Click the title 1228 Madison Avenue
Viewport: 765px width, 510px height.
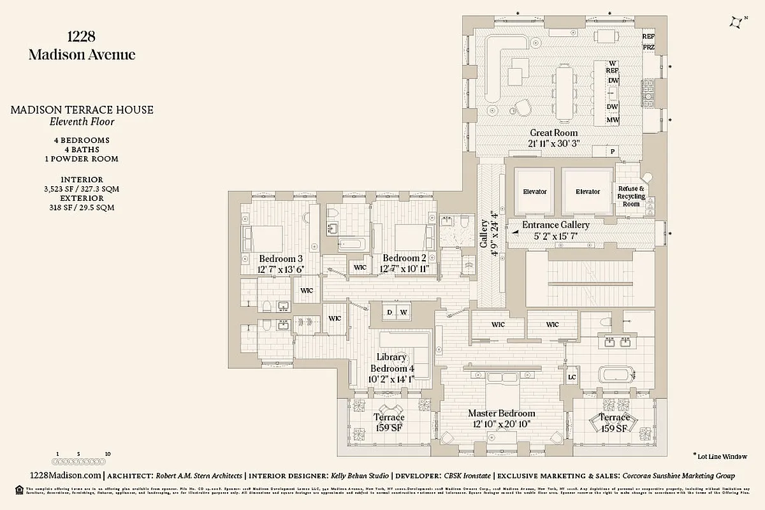coord(82,46)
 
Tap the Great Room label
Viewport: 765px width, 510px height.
coord(553,138)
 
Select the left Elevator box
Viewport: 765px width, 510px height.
coord(534,191)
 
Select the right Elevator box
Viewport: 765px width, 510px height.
coord(587,191)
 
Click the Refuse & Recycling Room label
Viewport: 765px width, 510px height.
coord(631,196)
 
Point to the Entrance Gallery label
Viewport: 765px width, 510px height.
coord(555,230)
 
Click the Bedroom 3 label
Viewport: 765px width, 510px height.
coord(280,264)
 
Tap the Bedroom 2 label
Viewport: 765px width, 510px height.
coord(404,263)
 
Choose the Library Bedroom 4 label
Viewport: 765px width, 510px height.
coord(392,368)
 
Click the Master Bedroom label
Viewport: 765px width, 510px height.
coord(502,419)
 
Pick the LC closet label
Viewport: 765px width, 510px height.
coord(572,377)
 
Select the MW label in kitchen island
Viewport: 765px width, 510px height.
coord(613,120)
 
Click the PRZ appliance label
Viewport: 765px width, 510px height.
coord(648,47)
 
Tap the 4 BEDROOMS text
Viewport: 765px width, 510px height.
coord(82,140)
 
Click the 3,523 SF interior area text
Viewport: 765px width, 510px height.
coord(82,189)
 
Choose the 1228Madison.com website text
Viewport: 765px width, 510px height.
coord(66,476)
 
